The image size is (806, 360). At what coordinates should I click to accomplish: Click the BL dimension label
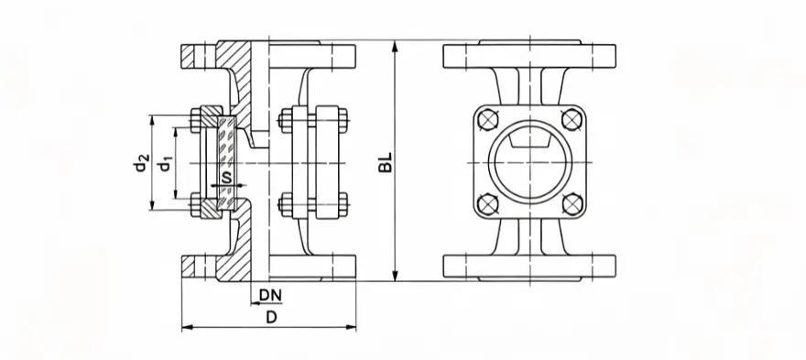click(386, 162)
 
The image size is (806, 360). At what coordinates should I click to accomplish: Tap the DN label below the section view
click(270, 295)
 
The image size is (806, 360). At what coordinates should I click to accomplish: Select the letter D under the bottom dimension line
click(271, 317)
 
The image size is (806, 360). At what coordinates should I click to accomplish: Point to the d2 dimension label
click(140, 163)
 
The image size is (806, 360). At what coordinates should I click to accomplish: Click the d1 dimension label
click(165, 164)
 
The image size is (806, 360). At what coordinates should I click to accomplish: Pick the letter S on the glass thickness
click(224, 178)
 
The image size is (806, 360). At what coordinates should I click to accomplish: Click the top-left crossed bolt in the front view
click(487, 120)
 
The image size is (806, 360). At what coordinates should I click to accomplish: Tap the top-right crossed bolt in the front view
click(572, 120)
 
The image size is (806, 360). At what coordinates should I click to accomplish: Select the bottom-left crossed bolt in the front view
click(487, 203)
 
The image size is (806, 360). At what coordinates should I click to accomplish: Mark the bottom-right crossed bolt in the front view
click(572, 203)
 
